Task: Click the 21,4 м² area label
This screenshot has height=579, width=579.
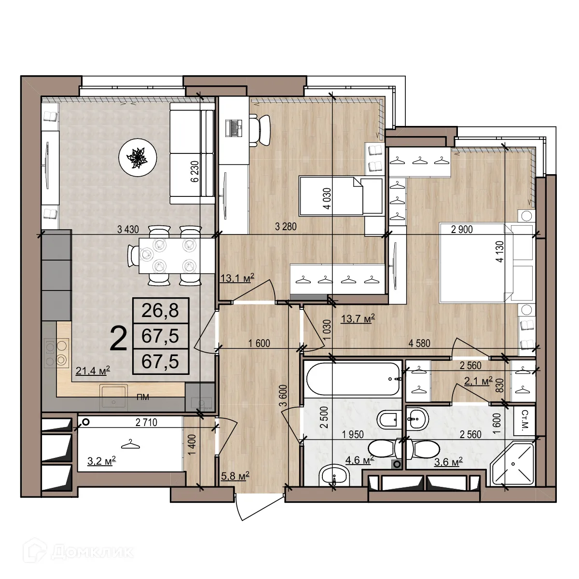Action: point(93,371)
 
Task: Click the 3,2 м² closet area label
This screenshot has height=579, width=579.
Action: point(101,461)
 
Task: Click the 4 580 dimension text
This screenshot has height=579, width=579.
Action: point(419,344)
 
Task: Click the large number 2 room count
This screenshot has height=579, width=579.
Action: point(119,339)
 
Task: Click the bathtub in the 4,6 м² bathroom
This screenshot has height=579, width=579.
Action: point(353,379)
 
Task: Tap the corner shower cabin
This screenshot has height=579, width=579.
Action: point(512,465)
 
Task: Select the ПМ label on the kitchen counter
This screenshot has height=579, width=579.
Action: point(142,398)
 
